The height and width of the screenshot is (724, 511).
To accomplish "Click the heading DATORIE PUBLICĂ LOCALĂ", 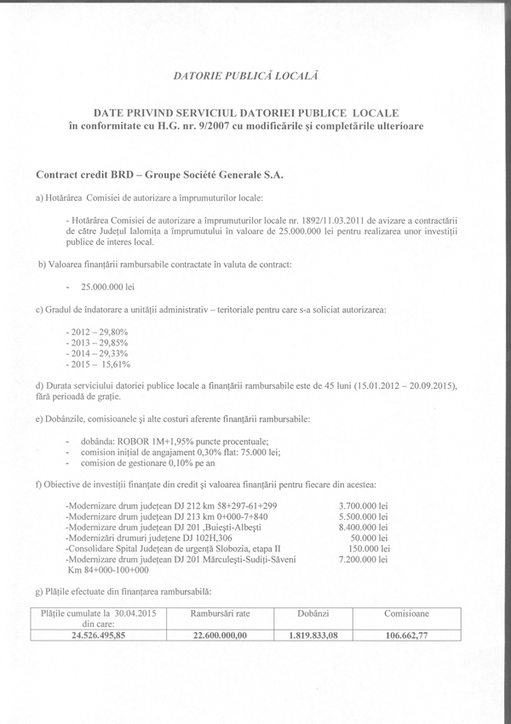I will (245, 76).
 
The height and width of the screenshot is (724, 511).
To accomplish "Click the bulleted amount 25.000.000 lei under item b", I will (102, 288).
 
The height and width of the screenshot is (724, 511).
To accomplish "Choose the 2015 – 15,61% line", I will (92, 363).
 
